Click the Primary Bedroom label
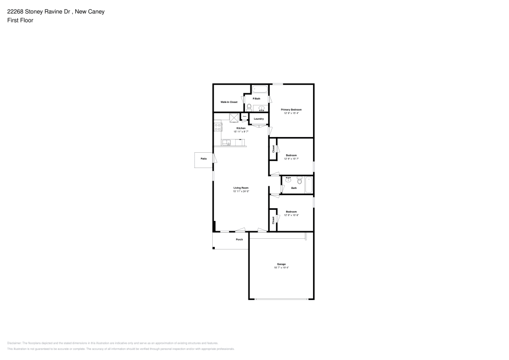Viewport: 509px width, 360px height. [x=292, y=109]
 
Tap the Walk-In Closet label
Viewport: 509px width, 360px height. [x=229, y=102]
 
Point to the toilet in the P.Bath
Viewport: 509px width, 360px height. [x=249, y=107]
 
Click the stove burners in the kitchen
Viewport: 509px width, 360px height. [x=217, y=127]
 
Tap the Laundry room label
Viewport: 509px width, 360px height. [x=259, y=119]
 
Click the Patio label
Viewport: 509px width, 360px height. [x=203, y=159]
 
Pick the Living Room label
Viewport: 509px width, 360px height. [x=241, y=188]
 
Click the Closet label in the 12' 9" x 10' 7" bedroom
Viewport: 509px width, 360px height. [x=273, y=149]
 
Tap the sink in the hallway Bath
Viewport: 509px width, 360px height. [x=289, y=180]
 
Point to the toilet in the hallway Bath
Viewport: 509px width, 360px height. [x=300, y=180]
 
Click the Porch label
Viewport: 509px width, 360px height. [x=239, y=239]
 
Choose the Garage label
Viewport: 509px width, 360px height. [x=281, y=264]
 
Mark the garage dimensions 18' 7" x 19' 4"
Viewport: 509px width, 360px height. [x=281, y=267]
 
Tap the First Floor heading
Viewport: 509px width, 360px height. [x=20, y=20]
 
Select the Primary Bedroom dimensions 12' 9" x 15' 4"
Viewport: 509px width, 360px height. [x=292, y=113]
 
